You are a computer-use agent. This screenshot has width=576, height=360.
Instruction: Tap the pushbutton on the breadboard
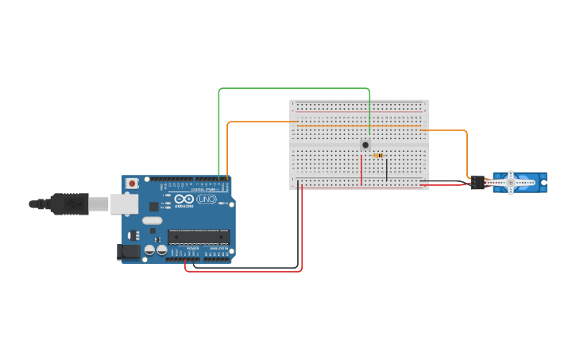[x=365, y=145]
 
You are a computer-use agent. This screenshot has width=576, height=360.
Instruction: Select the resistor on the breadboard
[x=379, y=156]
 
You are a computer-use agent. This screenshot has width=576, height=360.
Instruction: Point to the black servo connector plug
[x=477, y=183]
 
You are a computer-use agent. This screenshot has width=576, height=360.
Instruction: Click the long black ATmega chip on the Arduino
[x=199, y=237]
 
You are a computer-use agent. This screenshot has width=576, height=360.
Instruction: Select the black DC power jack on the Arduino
[x=127, y=252]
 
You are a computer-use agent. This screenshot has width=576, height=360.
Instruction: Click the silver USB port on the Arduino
[x=123, y=204]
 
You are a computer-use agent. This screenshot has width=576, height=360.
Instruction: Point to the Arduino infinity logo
[x=184, y=199]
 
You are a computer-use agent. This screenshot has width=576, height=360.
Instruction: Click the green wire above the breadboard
[x=294, y=88]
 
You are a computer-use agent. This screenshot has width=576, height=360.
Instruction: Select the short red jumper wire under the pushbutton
[x=361, y=169]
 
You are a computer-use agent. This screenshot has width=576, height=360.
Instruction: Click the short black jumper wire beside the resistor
[x=387, y=169]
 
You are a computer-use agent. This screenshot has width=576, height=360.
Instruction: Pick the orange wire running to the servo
[x=466, y=155]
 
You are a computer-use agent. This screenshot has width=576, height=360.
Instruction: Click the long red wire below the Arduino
[x=246, y=271]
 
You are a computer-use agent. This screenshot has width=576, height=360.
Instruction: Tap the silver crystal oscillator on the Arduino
[x=153, y=220]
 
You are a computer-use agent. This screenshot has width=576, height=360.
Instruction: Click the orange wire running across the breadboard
[x=358, y=126]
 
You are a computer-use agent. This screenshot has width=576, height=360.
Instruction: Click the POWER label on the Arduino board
[x=193, y=249]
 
